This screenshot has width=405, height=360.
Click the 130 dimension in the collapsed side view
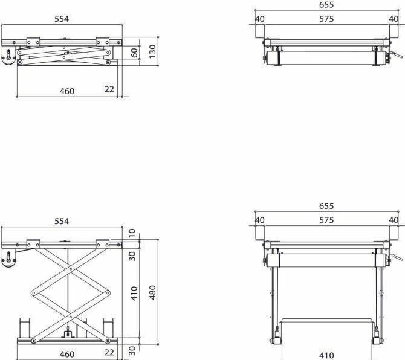tap(152, 51)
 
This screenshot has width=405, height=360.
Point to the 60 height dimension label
tap(134, 53)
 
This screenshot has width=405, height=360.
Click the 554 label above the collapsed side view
tap(62, 19)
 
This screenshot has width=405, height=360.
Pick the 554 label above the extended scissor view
tap(62, 221)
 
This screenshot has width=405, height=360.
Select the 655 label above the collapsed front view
tap(326, 4)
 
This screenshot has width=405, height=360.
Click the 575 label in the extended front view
tap(326, 220)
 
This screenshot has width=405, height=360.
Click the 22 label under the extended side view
tap(109, 353)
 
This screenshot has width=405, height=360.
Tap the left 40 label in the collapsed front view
tap(259, 19)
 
